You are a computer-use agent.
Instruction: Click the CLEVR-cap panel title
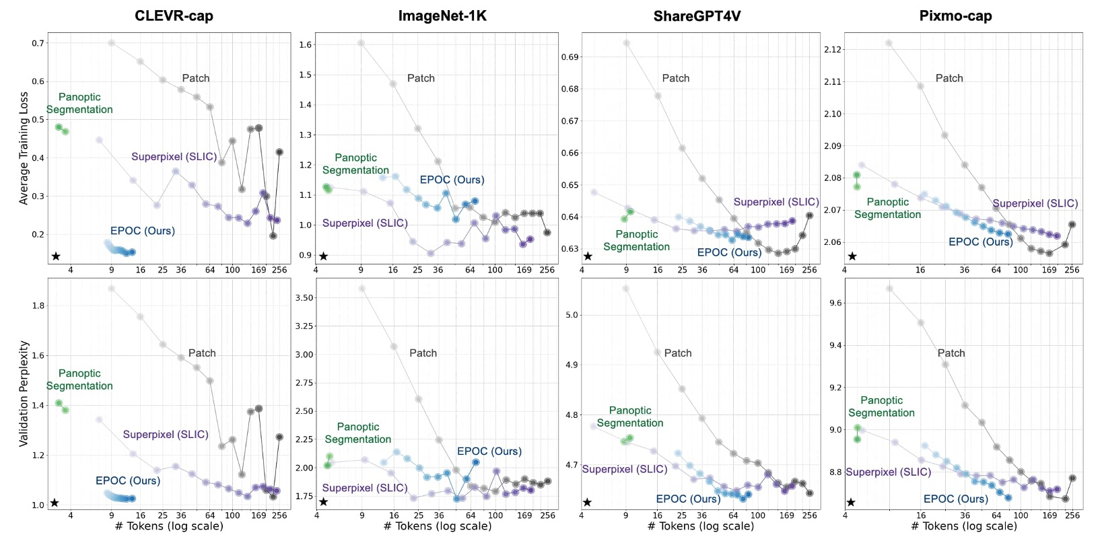(x=174, y=15)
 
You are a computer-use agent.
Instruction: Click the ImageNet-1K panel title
(x=442, y=15)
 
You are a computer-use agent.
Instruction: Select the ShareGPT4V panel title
(x=697, y=15)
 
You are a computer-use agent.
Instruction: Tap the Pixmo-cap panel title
(x=955, y=15)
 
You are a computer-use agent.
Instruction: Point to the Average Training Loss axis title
(x=24, y=148)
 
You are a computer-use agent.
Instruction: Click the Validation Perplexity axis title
(x=24, y=394)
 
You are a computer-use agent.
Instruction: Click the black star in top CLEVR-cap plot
(x=56, y=256)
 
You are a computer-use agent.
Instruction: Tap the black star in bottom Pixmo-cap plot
(x=851, y=502)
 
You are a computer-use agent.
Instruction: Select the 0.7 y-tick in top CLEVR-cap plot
(x=38, y=43)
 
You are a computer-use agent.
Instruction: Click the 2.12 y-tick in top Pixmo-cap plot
(x=832, y=50)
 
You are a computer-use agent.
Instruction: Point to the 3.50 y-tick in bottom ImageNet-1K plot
(x=304, y=297)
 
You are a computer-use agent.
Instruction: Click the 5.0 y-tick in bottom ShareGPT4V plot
(x=572, y=315)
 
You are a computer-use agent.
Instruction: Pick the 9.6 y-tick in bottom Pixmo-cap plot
(x=835, y=303)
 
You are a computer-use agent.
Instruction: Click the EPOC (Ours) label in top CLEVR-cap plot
(x=142, y=231)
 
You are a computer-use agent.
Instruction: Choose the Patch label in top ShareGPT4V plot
(x=675, y=78)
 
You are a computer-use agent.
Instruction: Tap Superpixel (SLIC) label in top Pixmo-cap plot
(x=1035, y=203)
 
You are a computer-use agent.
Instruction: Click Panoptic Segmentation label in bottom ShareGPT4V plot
(x=630, y=417)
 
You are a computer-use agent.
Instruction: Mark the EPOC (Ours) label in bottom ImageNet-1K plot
(x=489, y=451)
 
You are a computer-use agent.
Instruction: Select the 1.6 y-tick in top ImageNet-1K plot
(x=305, y=45)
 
